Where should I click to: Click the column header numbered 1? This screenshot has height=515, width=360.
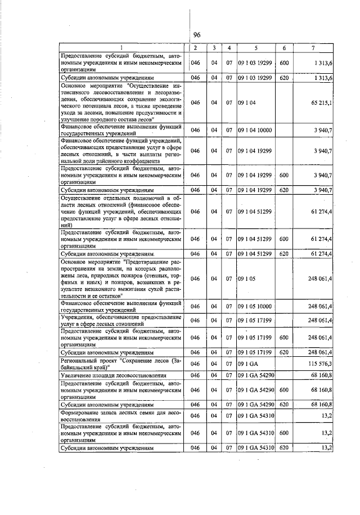(x=123, y=48)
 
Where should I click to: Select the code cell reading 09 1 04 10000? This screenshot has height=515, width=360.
(x=255, y=130)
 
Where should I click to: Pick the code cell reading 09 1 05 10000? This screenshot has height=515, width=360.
(x=255, y=305)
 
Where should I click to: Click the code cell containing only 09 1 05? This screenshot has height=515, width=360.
(x=247, y=279)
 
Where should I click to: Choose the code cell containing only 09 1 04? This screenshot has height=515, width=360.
(x=247, y=104)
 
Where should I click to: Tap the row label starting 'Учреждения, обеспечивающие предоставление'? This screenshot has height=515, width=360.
(x=123, y=320)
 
